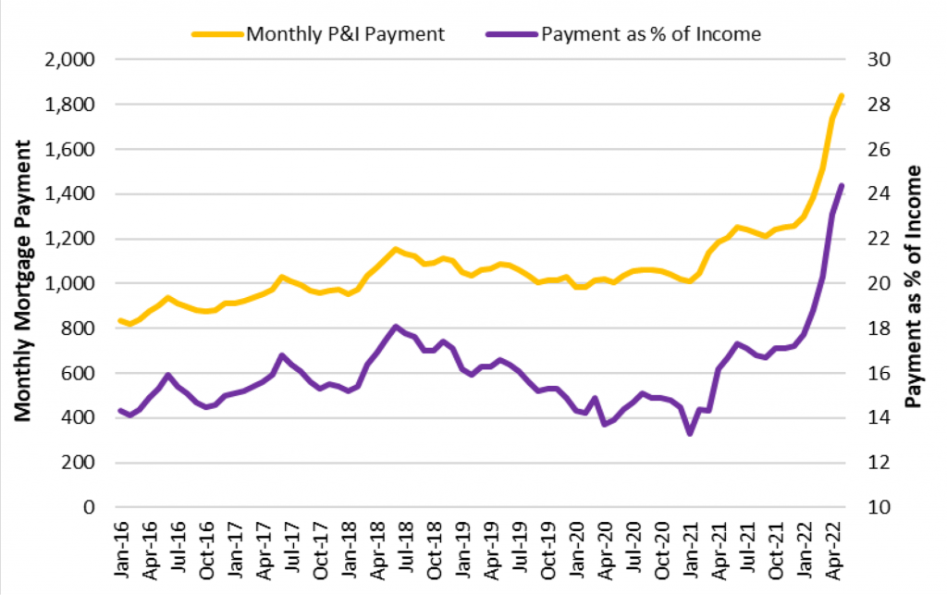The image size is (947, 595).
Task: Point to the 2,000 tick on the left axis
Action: coord(71,60)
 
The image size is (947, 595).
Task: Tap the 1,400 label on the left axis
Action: coord(71,194)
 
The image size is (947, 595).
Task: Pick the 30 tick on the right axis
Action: coord(875,60)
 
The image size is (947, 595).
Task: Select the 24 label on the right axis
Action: coord(875,194)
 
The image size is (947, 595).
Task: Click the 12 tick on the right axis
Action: coord(875,463)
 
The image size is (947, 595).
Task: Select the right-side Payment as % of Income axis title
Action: coord(916,287)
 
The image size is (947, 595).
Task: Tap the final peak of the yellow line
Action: coord(842,95)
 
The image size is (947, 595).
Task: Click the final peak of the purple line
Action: coord(842,185)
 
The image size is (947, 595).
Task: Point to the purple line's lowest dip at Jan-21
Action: coord(690,433)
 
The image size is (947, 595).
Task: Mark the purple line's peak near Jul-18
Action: coord(396,327)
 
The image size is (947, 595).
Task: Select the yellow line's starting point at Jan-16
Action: coord(120,320)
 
